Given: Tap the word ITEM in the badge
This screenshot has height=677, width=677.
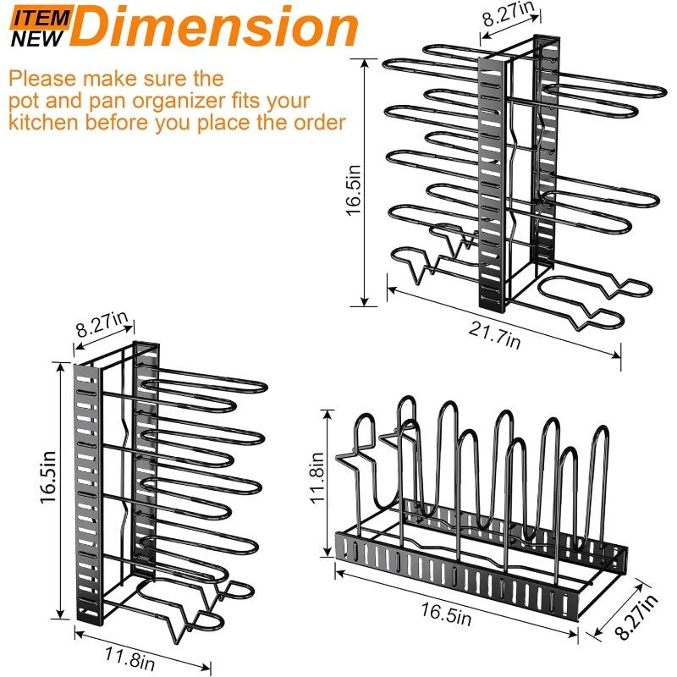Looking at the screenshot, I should pyautogui.click(x=36, y=14).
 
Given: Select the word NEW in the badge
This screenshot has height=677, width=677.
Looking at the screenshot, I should pyautogui.click(x=36, y=36).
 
